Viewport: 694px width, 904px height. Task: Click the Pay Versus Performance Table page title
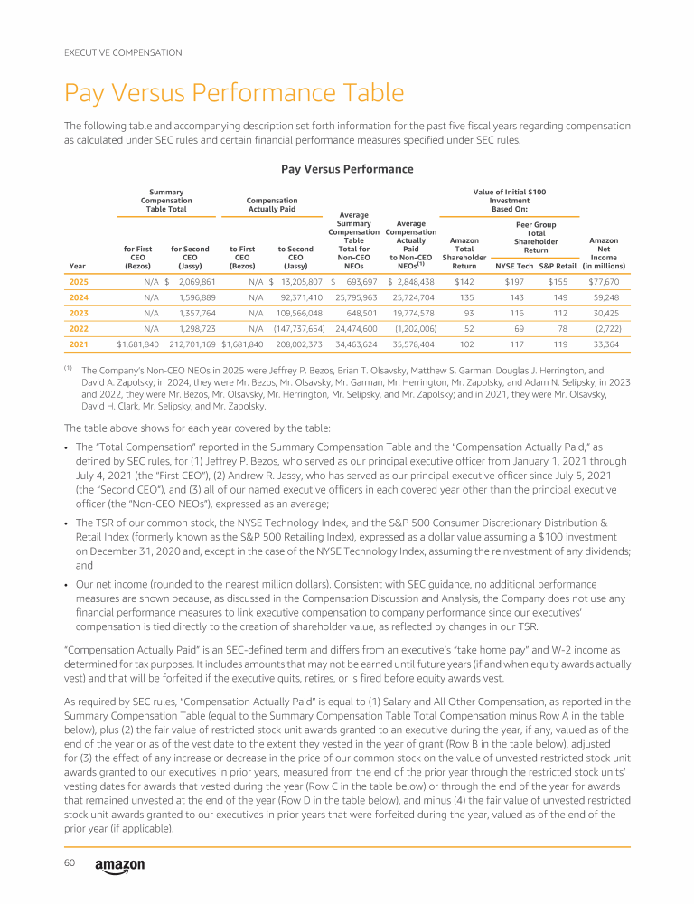point(233,94)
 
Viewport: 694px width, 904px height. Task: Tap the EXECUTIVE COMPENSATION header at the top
point(123,52)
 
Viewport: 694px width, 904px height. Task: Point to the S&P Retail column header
point(557,267)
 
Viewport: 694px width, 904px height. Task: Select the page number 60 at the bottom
point(69,863)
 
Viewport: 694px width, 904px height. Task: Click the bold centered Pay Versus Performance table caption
point(347,169)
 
